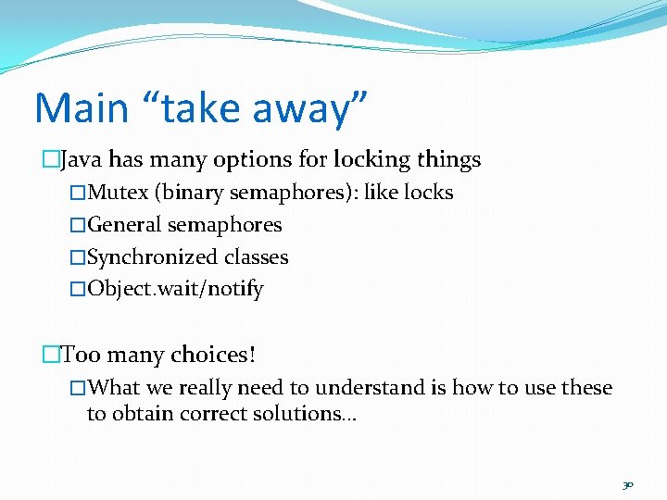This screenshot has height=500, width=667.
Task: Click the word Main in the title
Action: tap(81, 107)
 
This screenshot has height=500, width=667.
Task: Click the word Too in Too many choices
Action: tap(81, 355)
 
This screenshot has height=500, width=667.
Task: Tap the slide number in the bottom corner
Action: tap(627, 483)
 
